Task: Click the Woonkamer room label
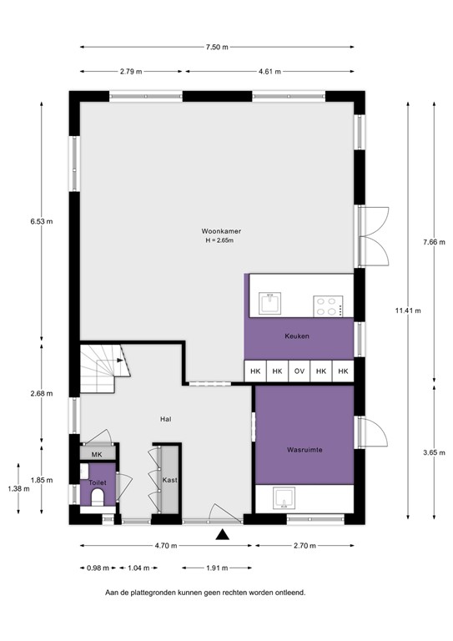tap(216, 230)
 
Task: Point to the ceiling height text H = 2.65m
tap(216, 240)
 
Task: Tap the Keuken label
tap(297, 336)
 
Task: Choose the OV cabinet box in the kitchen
tap(299, 371)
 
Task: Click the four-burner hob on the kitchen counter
tap(328, 306)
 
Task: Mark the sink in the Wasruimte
tap(286, 501)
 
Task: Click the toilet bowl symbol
tap(97, 498)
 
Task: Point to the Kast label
tap(169, 481)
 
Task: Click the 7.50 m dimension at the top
tap(216, 48)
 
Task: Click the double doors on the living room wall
tap(372, 233)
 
